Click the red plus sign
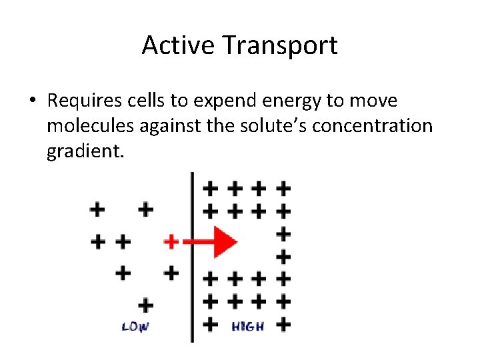[171, 241]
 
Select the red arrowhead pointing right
[225, 241]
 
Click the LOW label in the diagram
[135, 327]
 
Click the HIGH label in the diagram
[247, 327]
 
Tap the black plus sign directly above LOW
[145, 305]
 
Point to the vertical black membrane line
[193, 293]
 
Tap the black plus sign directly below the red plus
[171, 272]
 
